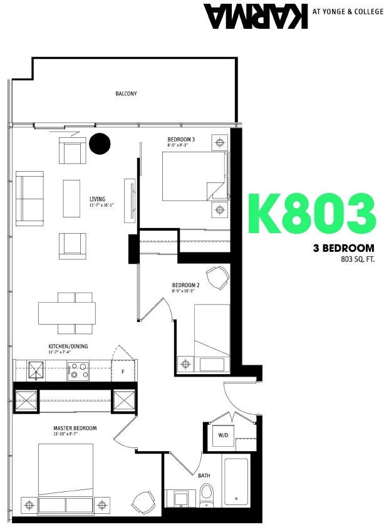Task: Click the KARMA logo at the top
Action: click(x=256, y=16)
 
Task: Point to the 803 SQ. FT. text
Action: click(x=357, y=258)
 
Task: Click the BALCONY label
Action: click(x=126, y=93)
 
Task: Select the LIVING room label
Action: click(x=97, y=198)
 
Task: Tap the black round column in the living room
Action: click(x=98, y=143)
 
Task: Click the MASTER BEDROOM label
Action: click(x=75, y=428)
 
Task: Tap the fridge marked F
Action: click(x=123, y=371)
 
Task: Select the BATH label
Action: click(x=204, y=476)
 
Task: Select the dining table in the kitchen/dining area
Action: click(x=66, y=312)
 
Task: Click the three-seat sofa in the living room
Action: click(x=29, y=197)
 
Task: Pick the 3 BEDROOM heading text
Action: click(x=344, y=248)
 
